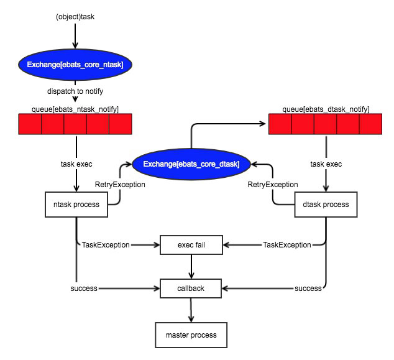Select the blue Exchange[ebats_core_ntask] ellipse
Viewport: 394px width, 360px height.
pyautogui.click(x=75, y=65)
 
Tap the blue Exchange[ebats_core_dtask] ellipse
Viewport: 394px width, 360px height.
pyautogui.click(x=192, y=164)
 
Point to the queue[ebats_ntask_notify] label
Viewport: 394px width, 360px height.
pyautogui.click(x=75, y=109)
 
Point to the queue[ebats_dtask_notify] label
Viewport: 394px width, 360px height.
pyautogui.click(x=325, y=109)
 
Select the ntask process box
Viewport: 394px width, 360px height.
pyautogui.click(x=76, y=205)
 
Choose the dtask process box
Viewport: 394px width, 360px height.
pyautogui.click(x=326, y=205)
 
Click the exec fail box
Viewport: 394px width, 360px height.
pyautogui.click(x=191, y=245)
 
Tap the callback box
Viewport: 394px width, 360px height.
pyautogui.click(x=191, y=288)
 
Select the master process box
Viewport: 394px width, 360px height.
pyautogui.click(x=191, y=335)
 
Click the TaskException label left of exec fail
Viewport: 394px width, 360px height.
pyautogui.click(x=106, y=245)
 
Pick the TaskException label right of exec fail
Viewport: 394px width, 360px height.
pyautogui.click(x=286, y=245)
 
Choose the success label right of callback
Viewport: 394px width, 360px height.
pyautogui.click(x=308, y=288)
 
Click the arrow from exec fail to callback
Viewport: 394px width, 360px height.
pyautogui.click(x=191, y=267)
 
